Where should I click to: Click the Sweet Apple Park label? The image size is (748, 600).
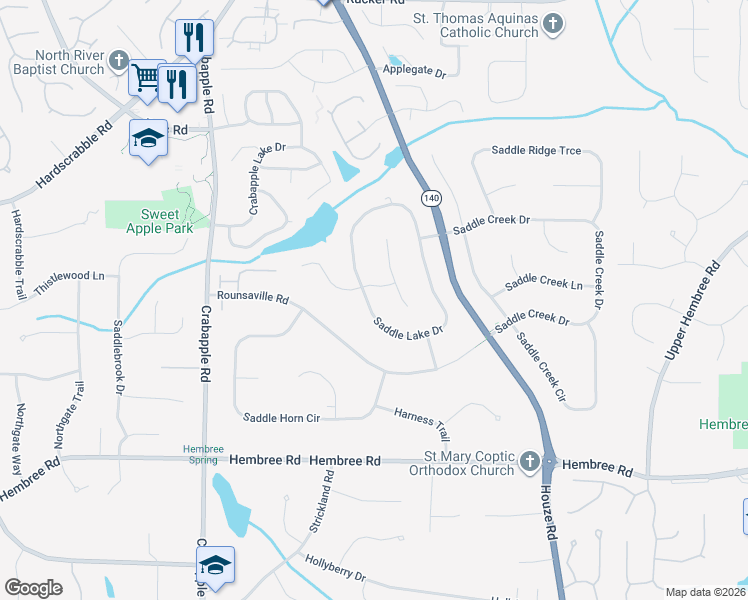[146, 221]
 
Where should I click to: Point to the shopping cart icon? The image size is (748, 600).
[146, 79]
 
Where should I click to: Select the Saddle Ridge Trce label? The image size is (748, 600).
[535, 151]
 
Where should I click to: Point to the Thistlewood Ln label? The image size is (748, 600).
[69, 275]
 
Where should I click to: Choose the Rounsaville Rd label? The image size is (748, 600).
[252, 298]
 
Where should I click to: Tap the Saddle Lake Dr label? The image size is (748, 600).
[408, 328]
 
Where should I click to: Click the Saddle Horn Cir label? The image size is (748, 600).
[281, 417]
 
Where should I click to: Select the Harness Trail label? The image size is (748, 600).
[421, 424]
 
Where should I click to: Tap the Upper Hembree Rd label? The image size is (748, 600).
[693, 311]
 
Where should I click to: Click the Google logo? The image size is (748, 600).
[33, 588]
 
